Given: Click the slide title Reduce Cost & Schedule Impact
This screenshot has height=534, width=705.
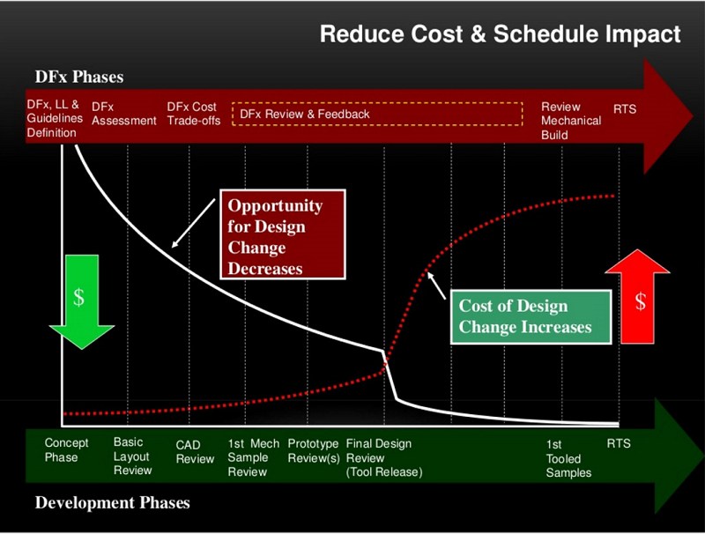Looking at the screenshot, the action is point(500,34).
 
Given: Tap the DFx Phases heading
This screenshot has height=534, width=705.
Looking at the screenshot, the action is point(79,77).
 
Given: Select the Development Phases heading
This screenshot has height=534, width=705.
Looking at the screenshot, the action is point(113,502).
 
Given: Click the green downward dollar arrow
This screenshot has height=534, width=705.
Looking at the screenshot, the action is point(81,301).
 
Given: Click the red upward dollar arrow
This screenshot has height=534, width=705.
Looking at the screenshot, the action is point(637,297).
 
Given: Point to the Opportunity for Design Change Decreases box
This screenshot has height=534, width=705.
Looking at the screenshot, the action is point(283,234).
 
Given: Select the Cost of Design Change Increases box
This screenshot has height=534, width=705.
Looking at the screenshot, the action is point(531,317).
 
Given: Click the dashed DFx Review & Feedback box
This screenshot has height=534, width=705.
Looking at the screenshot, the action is point(377,114).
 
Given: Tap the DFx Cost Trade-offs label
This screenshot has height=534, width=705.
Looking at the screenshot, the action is point(194,114).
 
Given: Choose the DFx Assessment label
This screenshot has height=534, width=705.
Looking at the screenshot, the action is point(124,114).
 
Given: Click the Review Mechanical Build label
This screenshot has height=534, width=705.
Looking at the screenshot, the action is point(571,121).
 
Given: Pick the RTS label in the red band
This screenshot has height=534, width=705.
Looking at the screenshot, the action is point(625,109).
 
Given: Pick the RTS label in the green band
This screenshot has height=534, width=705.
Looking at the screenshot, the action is point(619,443).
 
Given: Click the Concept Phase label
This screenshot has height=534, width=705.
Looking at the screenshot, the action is point(67,450).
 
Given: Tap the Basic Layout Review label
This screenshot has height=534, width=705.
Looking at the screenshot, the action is point(133,456).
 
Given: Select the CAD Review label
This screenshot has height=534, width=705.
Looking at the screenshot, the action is point(195,452).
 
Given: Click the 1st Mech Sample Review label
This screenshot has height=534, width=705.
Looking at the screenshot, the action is point(253,457).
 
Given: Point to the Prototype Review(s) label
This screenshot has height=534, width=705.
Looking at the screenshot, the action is point(314,451).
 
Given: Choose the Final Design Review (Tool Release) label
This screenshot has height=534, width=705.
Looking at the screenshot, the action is point(384,457).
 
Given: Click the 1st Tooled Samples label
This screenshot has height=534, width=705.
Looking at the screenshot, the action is point(568,458).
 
